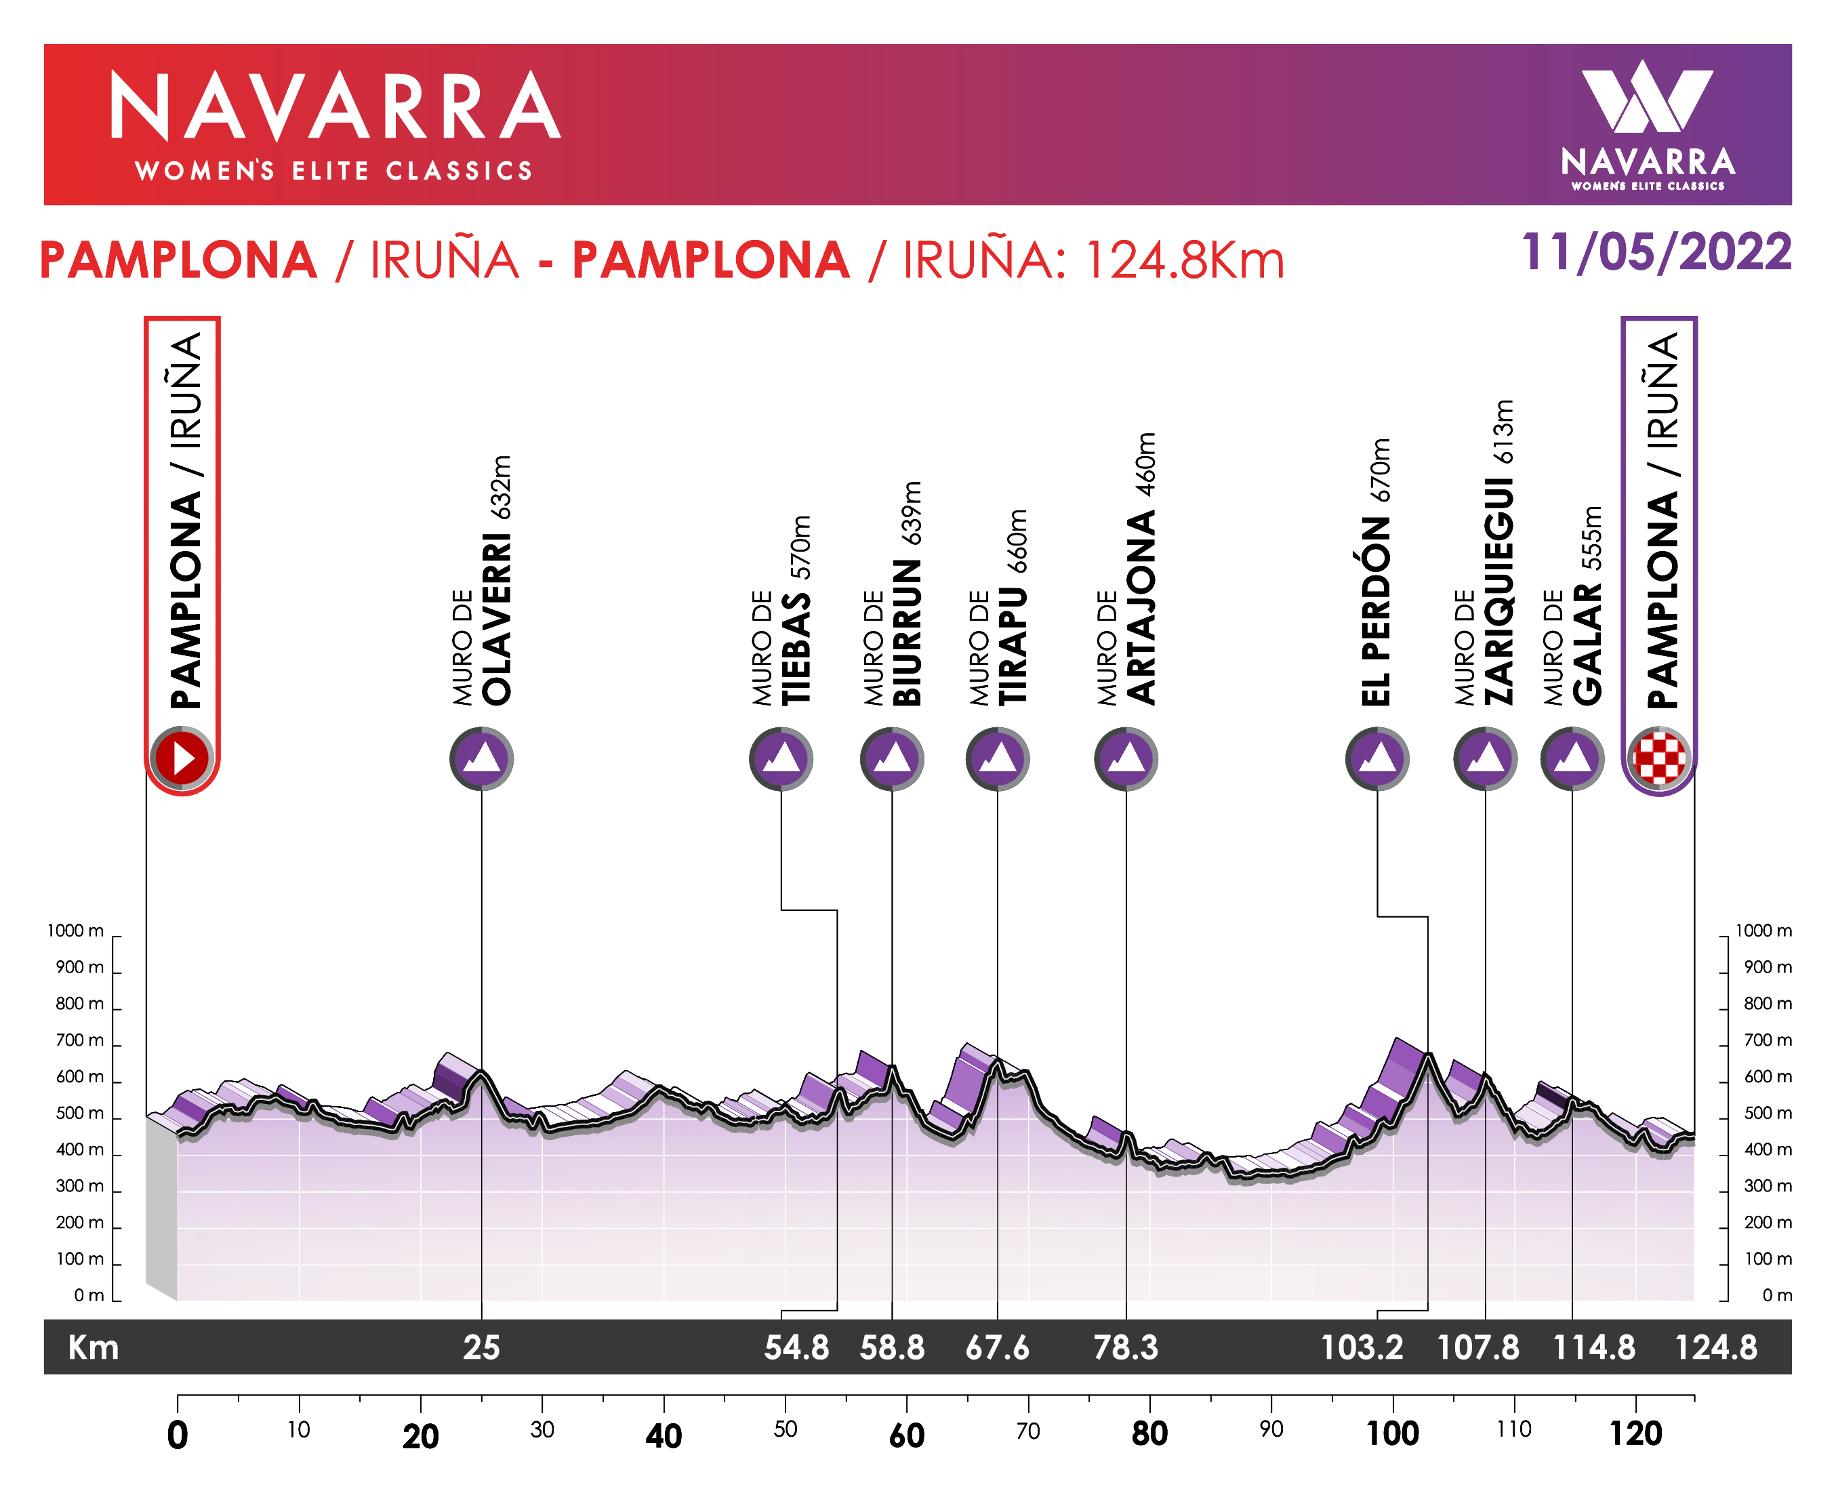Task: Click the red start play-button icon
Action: pos(181,758)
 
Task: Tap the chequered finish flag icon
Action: pos(1658,758)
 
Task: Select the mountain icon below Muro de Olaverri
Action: pos(481,758)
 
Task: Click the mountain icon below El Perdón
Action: pos(1376,758)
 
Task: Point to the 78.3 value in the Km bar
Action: pos(1125,1347)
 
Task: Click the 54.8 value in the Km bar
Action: pos(796,1347)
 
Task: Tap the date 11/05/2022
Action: pos(1656,253)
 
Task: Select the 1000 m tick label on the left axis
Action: pos(76,931)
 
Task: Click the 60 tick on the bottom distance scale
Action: pos(907,1435)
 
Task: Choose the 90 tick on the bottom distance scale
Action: pos(1271,1430)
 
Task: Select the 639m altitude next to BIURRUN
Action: pos(911,513)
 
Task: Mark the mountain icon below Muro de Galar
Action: pos(1572,758)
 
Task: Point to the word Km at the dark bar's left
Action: pos(94,1347)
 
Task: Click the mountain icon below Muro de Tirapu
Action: pos(997,758)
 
